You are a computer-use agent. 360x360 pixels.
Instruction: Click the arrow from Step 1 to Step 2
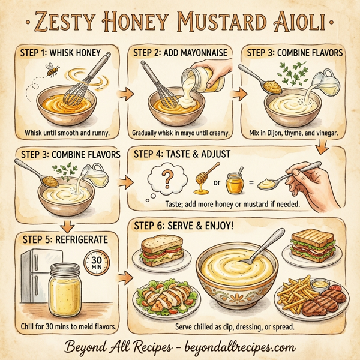coord(125,94)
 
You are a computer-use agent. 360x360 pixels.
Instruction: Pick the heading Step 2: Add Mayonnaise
coord(179,53)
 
